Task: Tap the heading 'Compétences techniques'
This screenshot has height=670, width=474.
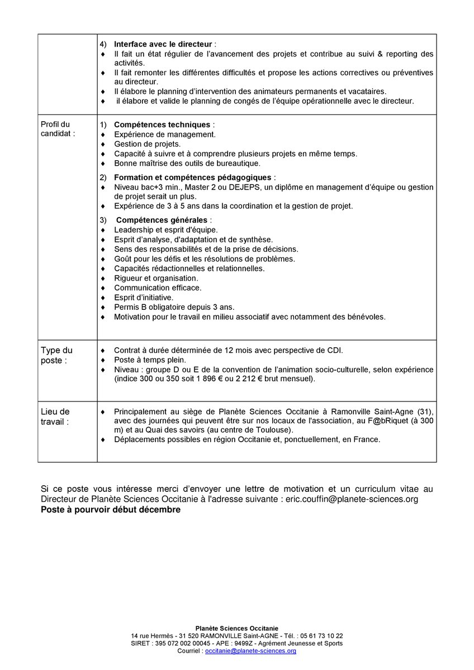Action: coord(162,125)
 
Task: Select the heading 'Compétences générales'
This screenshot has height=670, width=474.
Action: coord(162,220)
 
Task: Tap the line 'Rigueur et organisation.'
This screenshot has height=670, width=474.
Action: coord(156,278)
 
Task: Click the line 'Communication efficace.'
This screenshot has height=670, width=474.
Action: coord(158,288)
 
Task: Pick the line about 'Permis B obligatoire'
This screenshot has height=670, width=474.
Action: coord(174,307)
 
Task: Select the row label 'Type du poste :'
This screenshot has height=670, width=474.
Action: coord(56,355)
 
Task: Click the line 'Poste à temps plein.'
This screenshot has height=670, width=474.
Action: coord(150,360)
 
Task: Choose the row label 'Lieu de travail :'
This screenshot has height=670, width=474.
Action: coord(55,417)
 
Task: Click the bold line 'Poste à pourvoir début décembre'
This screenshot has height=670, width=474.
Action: coord(111,510)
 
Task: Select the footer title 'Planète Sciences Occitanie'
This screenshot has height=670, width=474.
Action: coord(237,628)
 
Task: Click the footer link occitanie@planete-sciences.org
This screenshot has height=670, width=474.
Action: coord(250,651)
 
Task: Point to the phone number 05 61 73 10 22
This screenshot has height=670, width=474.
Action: coord(321,636)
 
